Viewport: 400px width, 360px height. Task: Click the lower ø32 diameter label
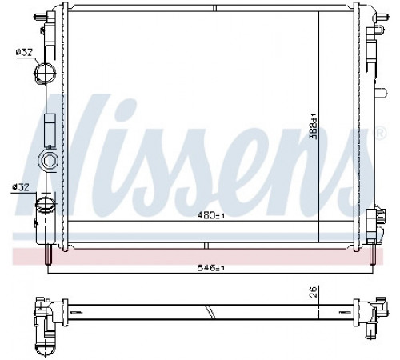[20, 187]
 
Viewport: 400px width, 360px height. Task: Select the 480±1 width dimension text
[210, 214]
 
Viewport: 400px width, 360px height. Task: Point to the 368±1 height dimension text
[314, 126]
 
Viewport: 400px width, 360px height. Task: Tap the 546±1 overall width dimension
[210, 267]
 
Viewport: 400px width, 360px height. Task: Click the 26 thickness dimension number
[314, 292]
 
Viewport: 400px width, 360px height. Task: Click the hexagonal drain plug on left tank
[48, 161]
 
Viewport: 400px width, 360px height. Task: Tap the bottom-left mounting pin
[48, 254]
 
